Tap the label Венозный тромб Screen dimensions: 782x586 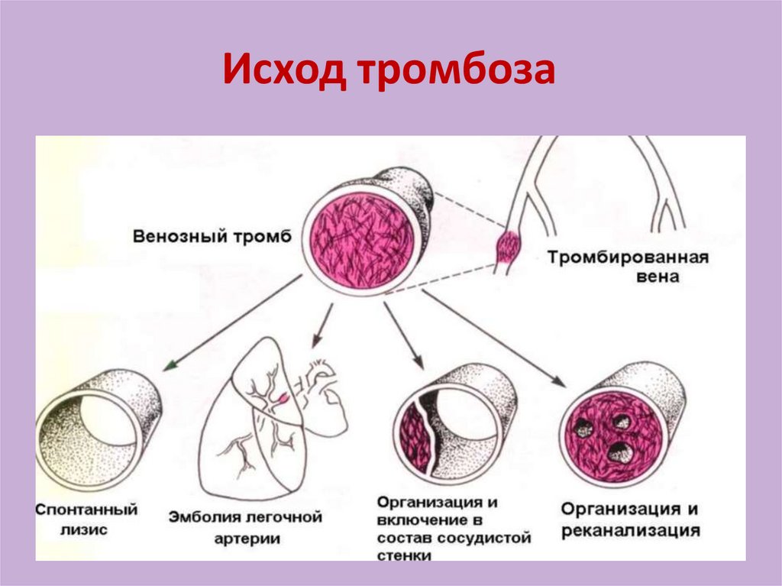[x=212, y=236]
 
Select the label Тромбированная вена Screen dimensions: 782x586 [x=627, y=267]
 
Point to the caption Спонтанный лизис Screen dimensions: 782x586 [x=86, y=518]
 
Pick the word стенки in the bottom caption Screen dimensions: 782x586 [x=404, y=555]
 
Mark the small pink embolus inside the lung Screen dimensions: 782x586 [x=283, y=397]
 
